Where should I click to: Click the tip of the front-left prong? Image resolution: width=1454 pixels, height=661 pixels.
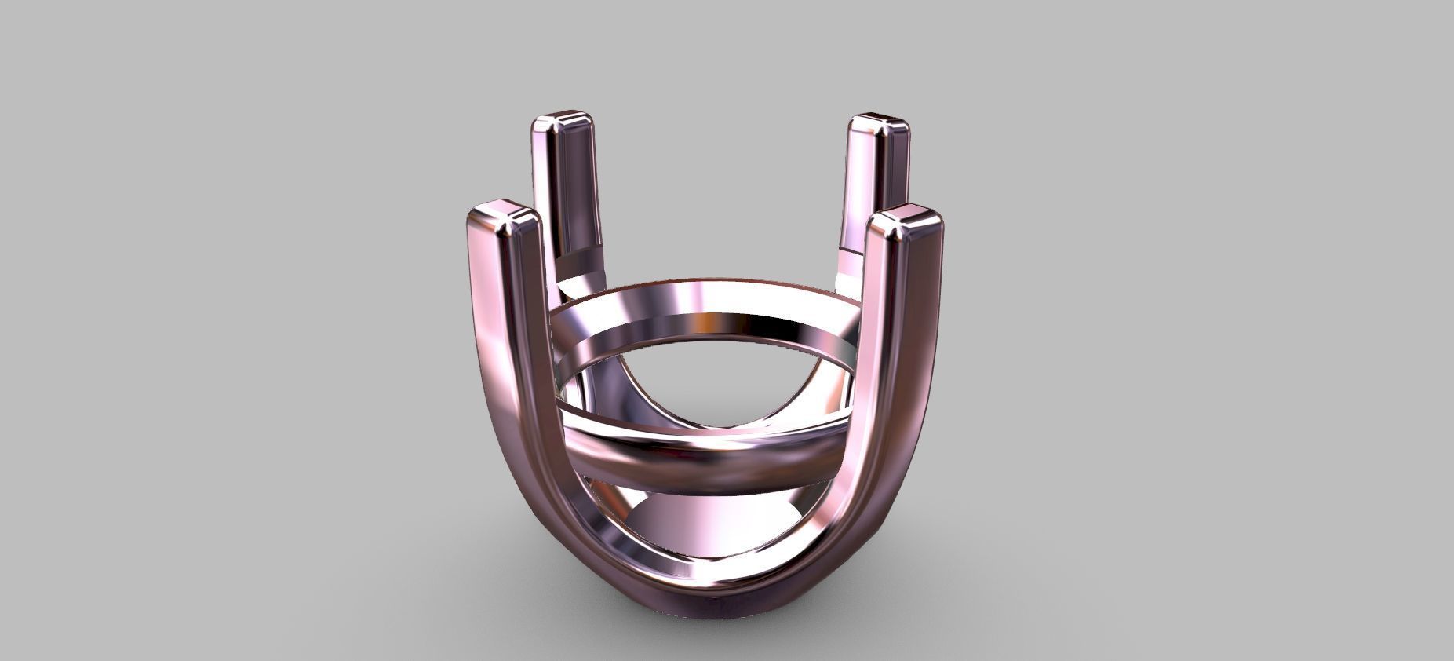506,220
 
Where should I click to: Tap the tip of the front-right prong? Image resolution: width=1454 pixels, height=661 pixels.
905,221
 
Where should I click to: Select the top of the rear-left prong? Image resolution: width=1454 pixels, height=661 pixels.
562,125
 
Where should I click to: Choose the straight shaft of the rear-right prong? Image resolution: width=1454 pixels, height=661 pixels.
871,196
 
